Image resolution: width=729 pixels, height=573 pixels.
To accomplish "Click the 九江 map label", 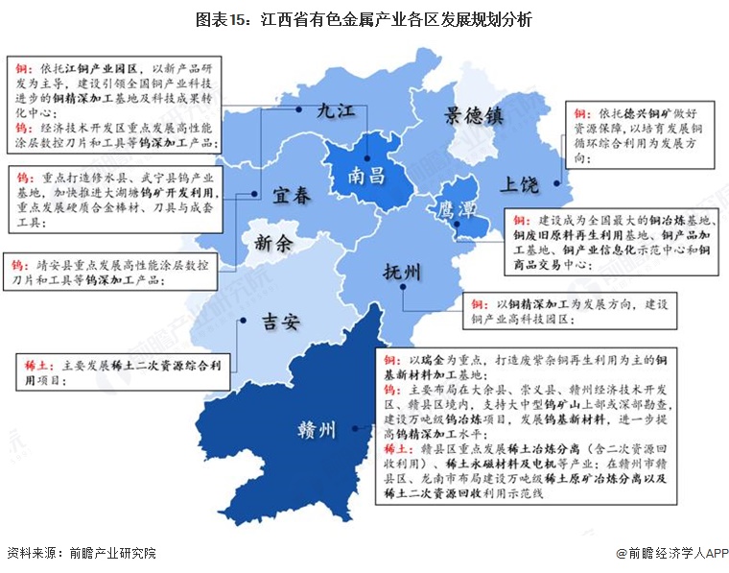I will click(x=337, y=112).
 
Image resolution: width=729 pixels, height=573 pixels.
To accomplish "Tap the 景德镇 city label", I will click(x=473, y=117).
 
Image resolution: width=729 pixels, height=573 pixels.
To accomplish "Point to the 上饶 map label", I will click(x=518, y=184).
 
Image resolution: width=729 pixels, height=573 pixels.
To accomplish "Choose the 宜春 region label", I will click(x=291, y=196).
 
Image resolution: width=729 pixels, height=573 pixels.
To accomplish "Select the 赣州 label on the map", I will click(x=316, y=431).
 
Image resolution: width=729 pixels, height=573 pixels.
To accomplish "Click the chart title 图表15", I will click(x=364, y=19).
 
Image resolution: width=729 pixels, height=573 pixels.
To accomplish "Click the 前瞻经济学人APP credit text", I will click(x=672, y=554).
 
